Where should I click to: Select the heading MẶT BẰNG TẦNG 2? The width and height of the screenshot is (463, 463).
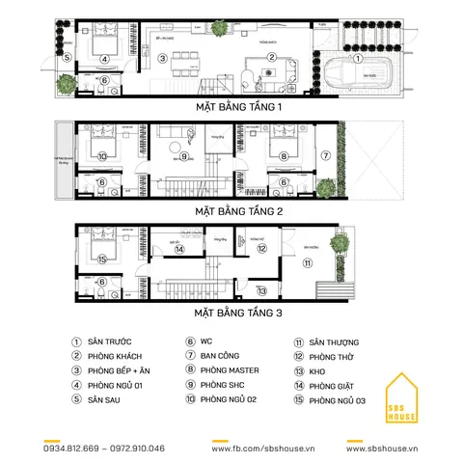coord(237,209)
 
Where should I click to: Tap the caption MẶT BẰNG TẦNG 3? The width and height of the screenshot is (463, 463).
coord(237,313)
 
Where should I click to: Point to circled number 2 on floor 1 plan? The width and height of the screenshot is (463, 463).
coord(272,57)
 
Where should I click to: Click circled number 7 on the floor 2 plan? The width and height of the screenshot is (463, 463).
coord(325,154)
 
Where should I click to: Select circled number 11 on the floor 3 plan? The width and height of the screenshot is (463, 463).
coord(308,261)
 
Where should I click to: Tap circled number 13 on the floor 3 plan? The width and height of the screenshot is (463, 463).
coord(262,289)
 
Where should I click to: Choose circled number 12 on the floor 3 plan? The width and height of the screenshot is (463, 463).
coord(261,248)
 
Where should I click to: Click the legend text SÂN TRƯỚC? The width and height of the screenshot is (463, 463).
coord(110,342)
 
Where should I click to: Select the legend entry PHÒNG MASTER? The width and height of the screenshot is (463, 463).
coord(230,369)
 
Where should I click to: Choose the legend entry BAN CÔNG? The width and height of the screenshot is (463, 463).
coord(221,356)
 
